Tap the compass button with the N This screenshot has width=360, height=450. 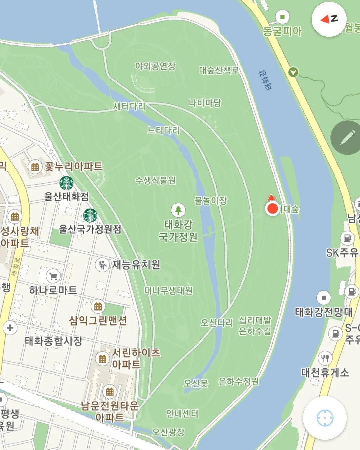[x=329, y=19]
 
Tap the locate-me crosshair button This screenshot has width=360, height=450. [x=325, y=418]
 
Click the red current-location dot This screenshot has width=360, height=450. [x=273, y=209]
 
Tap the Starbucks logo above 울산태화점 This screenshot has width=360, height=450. [x=66, y=183]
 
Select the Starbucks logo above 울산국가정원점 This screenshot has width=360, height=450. [x=90, y=216]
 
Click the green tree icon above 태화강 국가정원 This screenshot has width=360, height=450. [x=178, y=210]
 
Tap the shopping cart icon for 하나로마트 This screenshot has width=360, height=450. [x=53, y=276]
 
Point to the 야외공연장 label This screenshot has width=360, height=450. [x=155, y=66]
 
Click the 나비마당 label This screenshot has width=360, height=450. [x=205, y=103]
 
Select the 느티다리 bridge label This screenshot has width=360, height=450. [x=163, y=130]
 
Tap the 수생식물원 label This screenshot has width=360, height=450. [x=155, y=181]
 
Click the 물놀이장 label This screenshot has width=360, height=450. [x=211, y=201]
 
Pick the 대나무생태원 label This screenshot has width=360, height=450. [x=168, y=291]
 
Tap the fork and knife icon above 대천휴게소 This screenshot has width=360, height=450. [x=325, y=358]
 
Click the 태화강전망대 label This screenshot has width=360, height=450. [x=324, y=312]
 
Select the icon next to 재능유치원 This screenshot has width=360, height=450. [x=102, y=265]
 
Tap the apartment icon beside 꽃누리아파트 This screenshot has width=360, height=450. [x=35, y=166]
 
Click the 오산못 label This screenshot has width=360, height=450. [x=196, y=383]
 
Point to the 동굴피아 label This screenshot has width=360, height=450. [x=282, y=31]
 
